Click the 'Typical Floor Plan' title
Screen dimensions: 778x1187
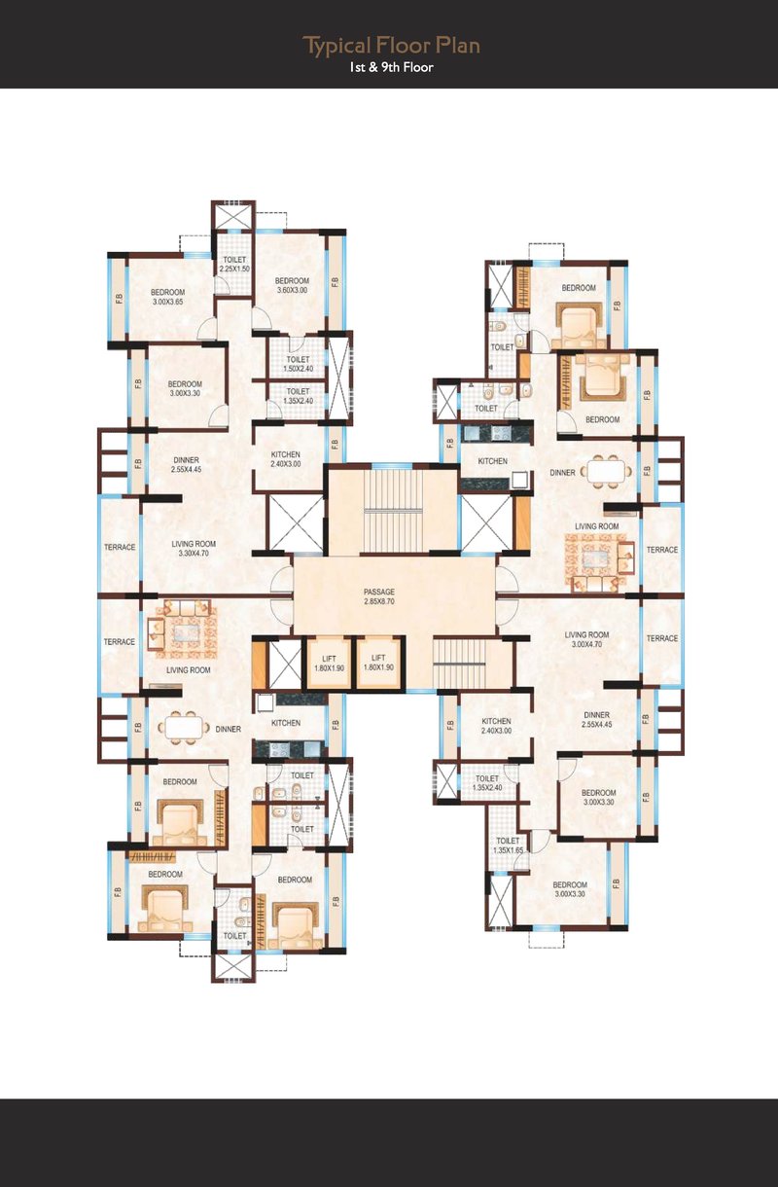point(391,46)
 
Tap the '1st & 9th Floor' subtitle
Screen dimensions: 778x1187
point(391,67)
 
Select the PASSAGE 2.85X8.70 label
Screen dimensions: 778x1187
point(379,596)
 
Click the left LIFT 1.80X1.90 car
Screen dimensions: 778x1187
point(329,663)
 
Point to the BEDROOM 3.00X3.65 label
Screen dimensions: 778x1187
point(168,297)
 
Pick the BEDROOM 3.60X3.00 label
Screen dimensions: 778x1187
point(292,285)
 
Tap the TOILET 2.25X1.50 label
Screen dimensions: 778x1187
point(234,264)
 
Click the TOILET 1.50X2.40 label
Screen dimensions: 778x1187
point(299,364)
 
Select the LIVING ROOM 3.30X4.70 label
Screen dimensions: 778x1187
point(194,549)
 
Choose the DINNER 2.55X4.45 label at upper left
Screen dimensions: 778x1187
point(186,465)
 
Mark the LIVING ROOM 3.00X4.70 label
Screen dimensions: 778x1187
point(586,639)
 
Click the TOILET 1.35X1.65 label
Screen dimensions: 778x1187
point(508,845)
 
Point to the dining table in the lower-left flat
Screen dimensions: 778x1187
point(183,728)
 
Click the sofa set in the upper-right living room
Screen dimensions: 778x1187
point(600,562)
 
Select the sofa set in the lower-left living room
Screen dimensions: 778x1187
point(183,629)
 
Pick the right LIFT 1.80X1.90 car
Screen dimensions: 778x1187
point(378,663)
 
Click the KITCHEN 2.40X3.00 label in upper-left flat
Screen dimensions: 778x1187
point(286,459)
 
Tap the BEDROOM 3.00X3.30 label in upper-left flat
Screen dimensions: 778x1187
point(185,388)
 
